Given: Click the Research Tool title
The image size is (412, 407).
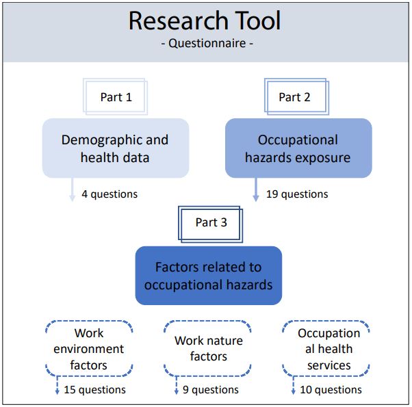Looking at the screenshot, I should tap(205, 21).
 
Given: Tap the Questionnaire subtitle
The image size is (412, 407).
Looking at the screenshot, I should tap(205, 45).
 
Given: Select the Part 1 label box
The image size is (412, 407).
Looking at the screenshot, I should tap(116, 97).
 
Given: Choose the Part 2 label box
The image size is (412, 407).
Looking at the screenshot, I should tap(294, 97).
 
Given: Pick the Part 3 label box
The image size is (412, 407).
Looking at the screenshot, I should tap(211, 222).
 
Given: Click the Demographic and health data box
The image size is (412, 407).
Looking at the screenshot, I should tap(115, 148).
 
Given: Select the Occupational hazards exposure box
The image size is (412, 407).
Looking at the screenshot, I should tap(298, 148).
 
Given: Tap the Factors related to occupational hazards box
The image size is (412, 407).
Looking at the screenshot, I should tap(208, 276).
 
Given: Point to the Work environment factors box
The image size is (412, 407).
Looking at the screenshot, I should tap(88, 349).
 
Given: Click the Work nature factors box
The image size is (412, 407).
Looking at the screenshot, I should tap(208, 348).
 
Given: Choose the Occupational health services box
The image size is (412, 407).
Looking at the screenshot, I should tap(329, 349).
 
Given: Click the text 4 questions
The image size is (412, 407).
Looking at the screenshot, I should tap(110, 194).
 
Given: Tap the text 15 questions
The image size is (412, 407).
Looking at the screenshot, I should tap(94, 390).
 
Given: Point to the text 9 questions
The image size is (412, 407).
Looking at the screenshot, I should tap(210, 390).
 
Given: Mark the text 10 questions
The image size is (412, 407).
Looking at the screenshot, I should tap(331, 390).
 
